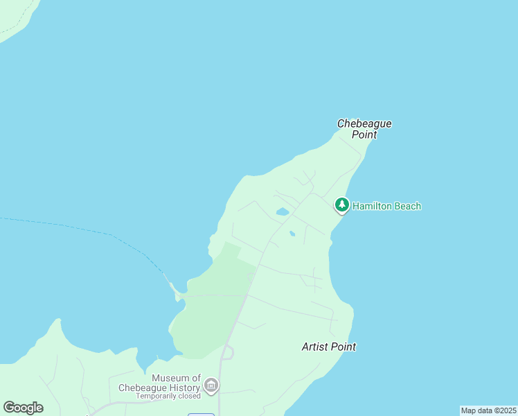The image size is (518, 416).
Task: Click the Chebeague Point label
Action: (364, 129)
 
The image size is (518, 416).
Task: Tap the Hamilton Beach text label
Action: (386, 206)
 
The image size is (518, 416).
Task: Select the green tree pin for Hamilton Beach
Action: (341, 205)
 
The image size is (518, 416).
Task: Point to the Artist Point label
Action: (329, 347)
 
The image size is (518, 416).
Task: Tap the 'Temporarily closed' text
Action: (168, 396)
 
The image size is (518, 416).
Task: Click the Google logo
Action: (23, 408)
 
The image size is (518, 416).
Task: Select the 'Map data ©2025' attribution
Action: (489, 410)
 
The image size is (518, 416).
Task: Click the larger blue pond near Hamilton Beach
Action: (282, 211)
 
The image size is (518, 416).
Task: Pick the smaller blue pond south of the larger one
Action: (292, 234)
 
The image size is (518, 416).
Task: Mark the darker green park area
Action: (211, 305)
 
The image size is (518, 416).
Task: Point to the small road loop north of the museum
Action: (227, 353)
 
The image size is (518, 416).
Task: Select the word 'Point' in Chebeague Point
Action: (364, 135)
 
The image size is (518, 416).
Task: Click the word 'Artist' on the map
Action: (314, 347)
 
